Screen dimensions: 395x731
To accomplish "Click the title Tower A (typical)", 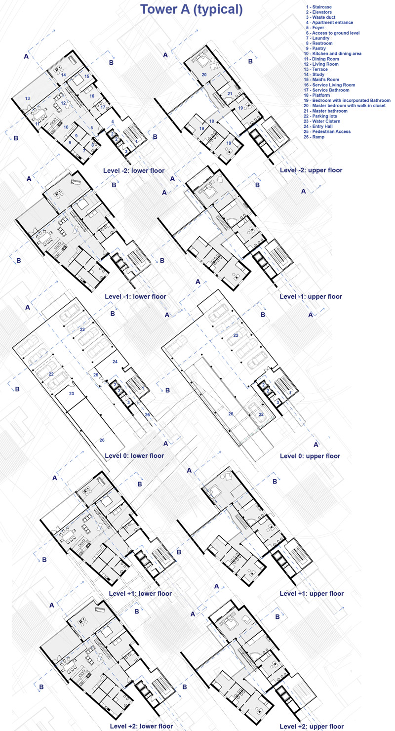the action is (x=192, y=9).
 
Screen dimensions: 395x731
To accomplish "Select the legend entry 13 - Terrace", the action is (x=316, y=69).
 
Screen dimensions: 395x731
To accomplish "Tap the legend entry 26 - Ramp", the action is (x=314, y=137).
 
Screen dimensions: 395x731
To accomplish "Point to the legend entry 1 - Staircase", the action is (x=318, y=7).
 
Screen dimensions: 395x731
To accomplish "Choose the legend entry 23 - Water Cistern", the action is (x=322, y=121).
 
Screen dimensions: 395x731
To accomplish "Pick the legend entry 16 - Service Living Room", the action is (x=329, y=85).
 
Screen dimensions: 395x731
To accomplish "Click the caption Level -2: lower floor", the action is (x=134, y=171).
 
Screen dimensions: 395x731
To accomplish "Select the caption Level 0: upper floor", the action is (x=310, y=456).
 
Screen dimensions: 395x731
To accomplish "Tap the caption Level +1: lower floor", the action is (x=140, y=593).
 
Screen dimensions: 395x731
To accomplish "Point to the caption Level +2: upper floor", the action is (x=312, y=726).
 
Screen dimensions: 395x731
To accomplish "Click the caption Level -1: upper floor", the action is (x=311, y=297).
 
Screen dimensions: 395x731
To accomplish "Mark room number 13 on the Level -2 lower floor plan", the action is (x=27, y=98).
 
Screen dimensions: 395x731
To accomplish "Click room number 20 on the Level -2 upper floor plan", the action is (x=204, y=75).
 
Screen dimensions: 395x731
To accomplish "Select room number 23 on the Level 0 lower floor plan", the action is (x=72, y=394).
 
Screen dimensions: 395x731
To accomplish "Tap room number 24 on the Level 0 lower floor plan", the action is (x=115, y=362).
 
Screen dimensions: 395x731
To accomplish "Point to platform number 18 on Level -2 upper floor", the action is (x=212, y=122).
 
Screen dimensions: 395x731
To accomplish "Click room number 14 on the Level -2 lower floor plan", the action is (x=63, y=75).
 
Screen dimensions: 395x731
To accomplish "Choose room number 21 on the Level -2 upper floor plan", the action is (x=230, y=94).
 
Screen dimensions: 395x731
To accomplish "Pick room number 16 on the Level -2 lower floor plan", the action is (x=92, y=96).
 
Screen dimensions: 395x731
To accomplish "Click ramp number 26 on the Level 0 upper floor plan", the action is (x=231, y=414).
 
